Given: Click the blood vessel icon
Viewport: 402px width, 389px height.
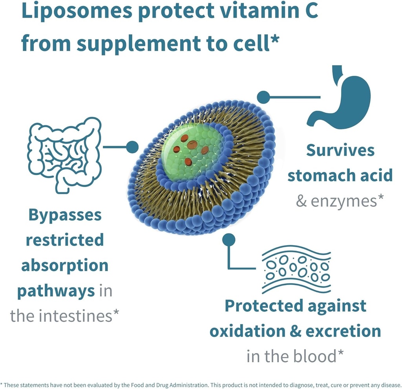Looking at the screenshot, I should click(296, 269).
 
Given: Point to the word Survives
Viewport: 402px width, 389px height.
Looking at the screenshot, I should click(340, 150).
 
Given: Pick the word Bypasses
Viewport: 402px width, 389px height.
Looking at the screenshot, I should click(65, 215).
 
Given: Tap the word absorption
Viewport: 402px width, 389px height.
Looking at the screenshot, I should click(65, 266).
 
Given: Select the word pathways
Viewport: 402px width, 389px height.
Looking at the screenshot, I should click(56, 291).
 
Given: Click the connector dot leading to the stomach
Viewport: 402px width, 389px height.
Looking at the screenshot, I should click(263, 97).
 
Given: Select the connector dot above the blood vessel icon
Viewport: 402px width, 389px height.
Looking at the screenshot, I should click(229, 239).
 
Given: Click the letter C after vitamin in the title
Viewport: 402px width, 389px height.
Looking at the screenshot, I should click(309, 11).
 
